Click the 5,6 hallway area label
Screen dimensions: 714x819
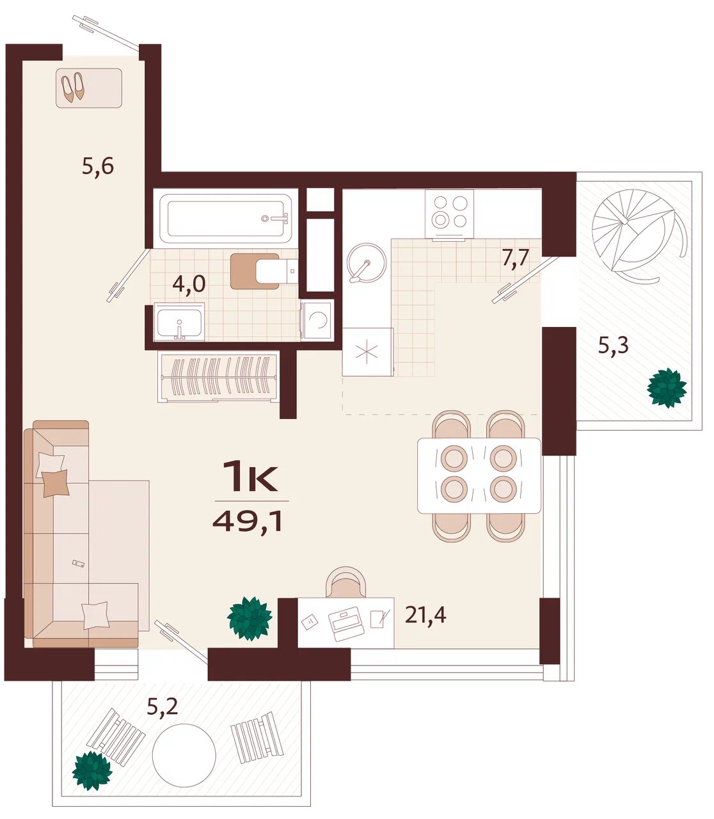tap(98, 166)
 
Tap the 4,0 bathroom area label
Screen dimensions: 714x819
tap(189, 284)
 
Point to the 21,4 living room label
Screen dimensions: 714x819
tap(425, 614)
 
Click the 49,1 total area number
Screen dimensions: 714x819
tap(248, 521)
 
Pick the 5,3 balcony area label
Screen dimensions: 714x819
tap(613, 345)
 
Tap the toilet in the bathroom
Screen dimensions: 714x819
tap(264, 271)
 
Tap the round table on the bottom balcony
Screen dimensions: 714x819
tap(184, 756)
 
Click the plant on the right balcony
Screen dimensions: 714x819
tap(667, 388)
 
